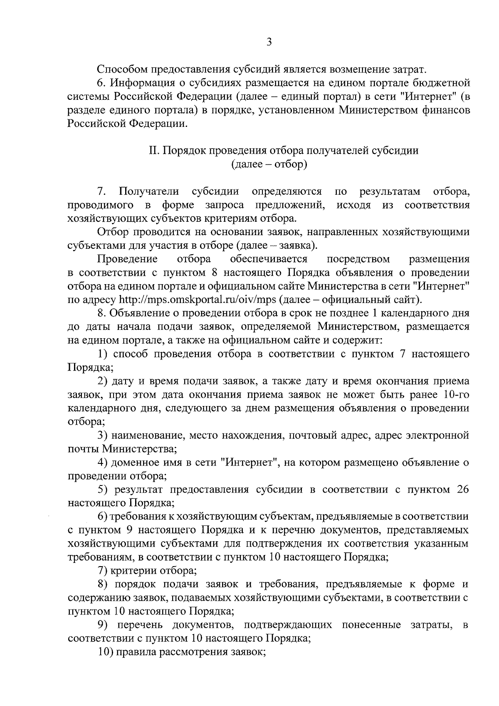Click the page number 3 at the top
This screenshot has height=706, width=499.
pyautogui.click(x=269, y=42)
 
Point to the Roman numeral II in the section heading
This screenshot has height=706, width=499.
pyautogui.click(x=153, y=151)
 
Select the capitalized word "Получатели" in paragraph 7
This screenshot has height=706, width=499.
pyautogui.click(x=149, y=191)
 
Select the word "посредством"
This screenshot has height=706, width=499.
pyautogui.click(x=358, y=259)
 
